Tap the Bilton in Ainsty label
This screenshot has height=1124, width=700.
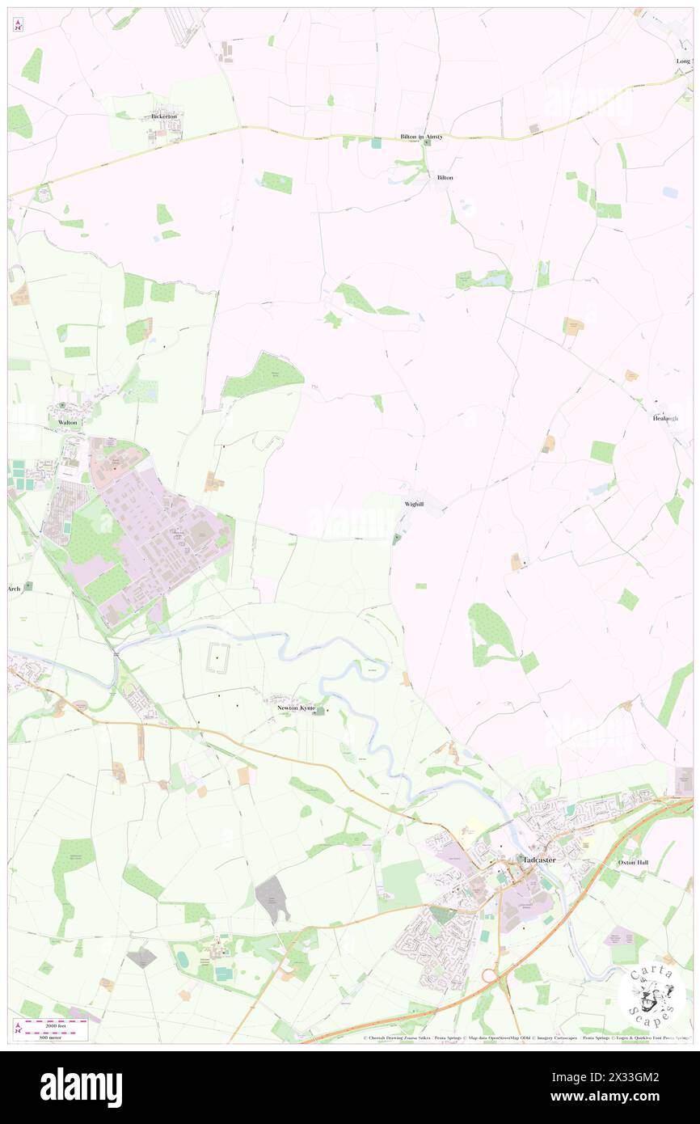tap(421, 137)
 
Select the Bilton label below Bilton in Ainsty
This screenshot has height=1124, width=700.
tap(445, 177)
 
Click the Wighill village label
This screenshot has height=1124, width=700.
tap(413, 504)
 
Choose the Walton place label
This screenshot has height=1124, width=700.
tap(67, 422)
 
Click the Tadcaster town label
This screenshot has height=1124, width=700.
tap(539, 860)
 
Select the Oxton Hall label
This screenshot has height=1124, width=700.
tap(633, 863)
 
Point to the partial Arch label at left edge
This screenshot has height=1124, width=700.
tap(15, 589)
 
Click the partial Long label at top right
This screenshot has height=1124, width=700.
tap(684, 61)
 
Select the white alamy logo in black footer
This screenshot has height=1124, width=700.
tap(81, 1087)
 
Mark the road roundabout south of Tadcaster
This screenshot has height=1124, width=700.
tap(490, 977)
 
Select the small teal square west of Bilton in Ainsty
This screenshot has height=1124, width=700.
tap(376, 142)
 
